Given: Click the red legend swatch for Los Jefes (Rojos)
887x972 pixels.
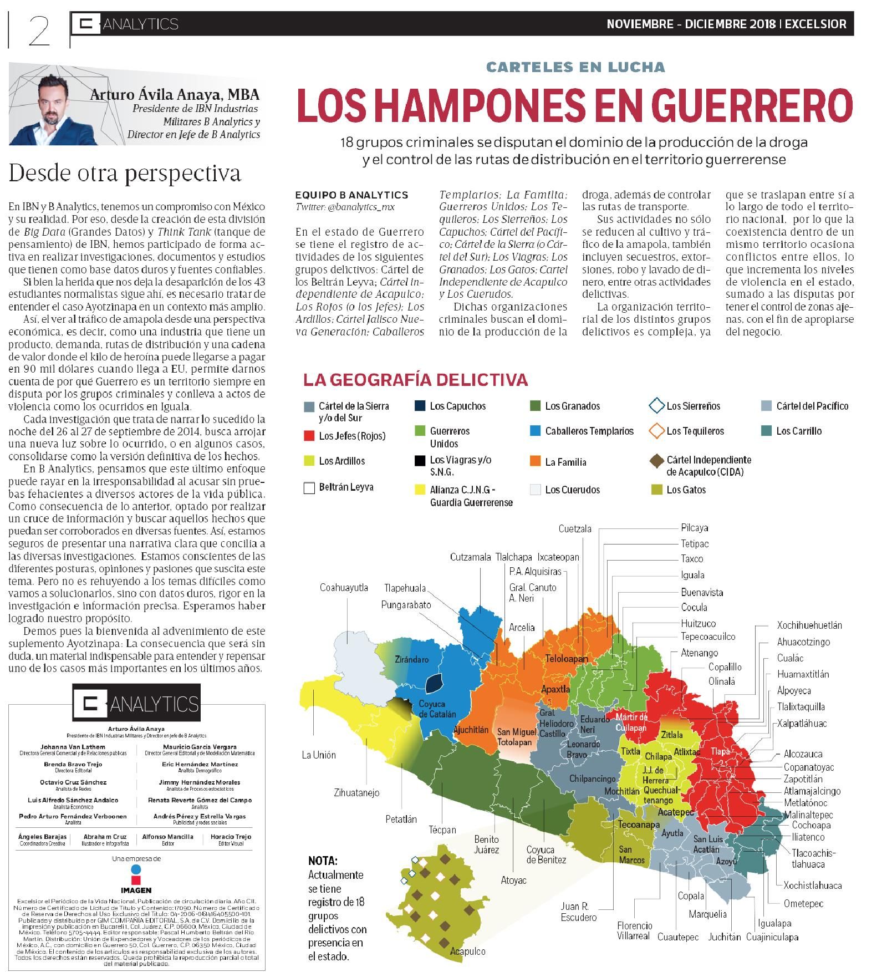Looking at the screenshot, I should click(x=309, y=436).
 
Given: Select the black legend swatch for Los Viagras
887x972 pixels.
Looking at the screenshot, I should click(x=420, y=460).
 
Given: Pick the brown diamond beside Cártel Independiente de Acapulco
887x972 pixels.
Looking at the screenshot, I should click(x=656, y=461).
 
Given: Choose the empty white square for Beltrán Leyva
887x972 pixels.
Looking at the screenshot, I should click(x=309, y=488).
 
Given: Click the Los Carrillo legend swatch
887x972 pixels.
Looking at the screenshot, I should click(x=766, y=431).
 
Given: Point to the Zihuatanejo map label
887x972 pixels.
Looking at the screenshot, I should click(x=356, y=792).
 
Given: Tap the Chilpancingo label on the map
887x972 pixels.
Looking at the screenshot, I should click(x=592, y=779).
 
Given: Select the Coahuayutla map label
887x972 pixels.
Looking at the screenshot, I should click(x=344, y=588).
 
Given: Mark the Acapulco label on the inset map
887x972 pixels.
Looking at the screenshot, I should click(x=467, y=951).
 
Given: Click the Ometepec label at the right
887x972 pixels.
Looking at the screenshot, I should click(x=803, y=903).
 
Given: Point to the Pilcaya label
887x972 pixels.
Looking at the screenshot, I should click(x=694, y=528).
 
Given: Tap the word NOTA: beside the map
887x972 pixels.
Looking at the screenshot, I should click(x=323, y=861).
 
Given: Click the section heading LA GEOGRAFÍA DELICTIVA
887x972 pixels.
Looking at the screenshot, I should click(x=415, y=380).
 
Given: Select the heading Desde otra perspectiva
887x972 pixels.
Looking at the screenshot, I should click(x=125, y=174).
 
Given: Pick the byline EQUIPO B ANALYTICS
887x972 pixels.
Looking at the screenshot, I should click(x=351, y=195).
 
